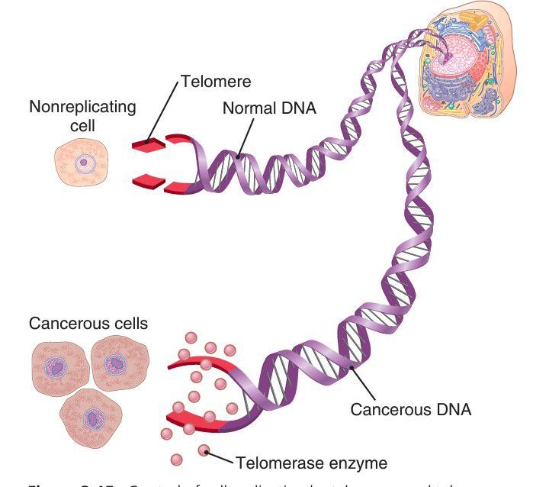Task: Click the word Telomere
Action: pyautogui.click(x=216, y=81)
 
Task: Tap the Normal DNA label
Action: pyautogui.click(x=268, y=108)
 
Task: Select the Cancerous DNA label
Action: pyautogui.click(x=410, y=409)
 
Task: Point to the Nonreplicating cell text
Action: pyautogui.click(x=82, y=114)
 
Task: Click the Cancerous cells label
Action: pyautogui.click(x=88, y=323)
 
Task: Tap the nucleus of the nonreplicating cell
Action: pyautogui.click(x=83, y=162)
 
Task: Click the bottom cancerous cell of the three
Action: pyautogui.click(x=93, y=418)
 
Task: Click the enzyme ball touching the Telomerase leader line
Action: pyautogui.click(x=204, y=451)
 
